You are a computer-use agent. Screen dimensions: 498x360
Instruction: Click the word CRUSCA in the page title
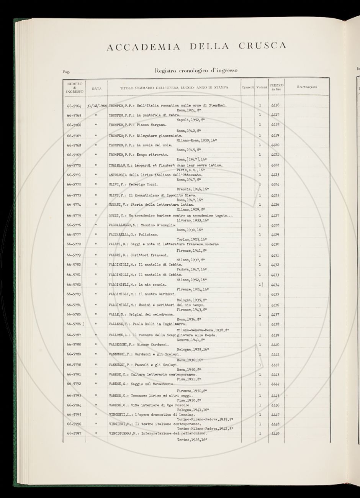click(262, 46)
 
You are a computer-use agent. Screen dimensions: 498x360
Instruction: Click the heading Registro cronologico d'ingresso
click(196, 70)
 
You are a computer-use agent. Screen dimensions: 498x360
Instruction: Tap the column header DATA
click(97, 88)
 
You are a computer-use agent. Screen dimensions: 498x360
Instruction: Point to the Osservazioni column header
click(307, 87)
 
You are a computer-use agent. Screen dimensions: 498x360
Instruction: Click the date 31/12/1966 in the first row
click(97, 105)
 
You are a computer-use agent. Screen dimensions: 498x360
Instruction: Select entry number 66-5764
click(74, 105)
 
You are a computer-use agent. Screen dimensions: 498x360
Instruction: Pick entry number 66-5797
click(74, 433)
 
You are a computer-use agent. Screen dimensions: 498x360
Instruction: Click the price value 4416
click(275, 105)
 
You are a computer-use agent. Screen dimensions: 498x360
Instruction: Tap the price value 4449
click(275, 434)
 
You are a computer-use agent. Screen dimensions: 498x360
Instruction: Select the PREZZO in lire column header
click(276, 87)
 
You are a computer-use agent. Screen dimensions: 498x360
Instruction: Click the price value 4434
click(275, 285)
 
